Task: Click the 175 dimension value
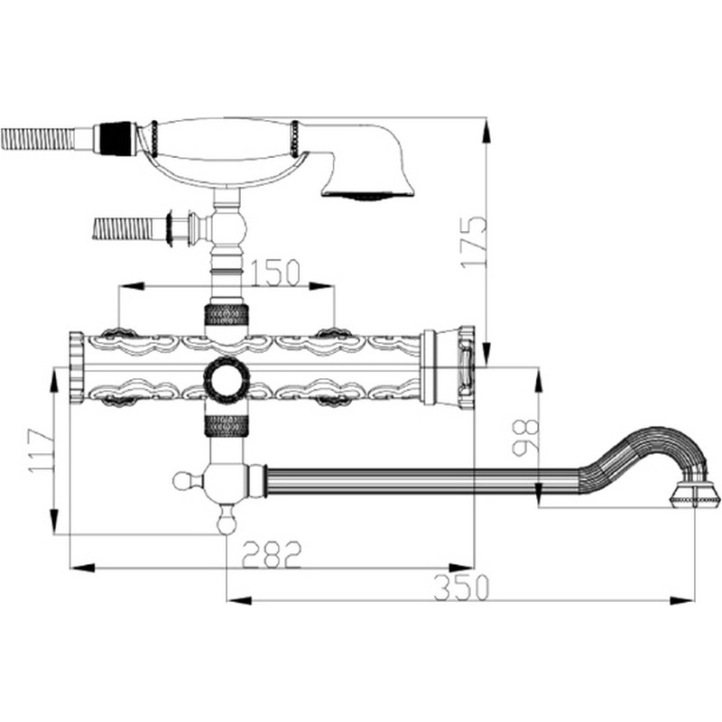pyautogui.click(x=473, y=241)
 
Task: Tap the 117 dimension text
pyautogui.click(x=41, y=450)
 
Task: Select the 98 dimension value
pyautogui.click(x=526, y=437)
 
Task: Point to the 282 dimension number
pyautogui.click(x=272, y=554)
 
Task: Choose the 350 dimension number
pyautogui.click(x=460, y=588)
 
